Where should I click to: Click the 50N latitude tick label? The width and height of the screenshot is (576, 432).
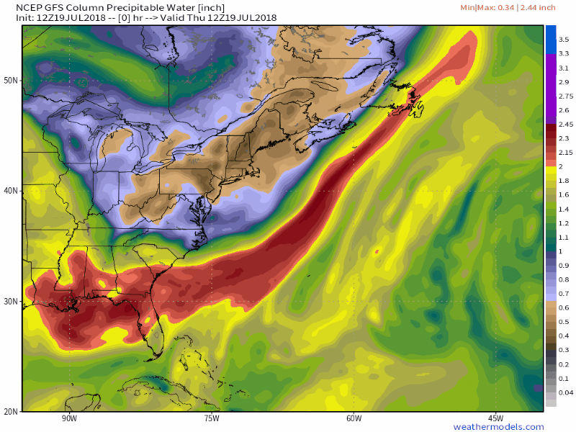pyautogui.click(x=11, y=80)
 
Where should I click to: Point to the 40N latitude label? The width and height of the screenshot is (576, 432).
pyautogui.click(x=11, y=191)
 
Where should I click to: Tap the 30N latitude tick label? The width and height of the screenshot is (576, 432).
pyautogui.click(x=11, y=301)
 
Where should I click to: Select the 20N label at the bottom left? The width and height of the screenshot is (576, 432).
pyautogui.click(x=11, y=412)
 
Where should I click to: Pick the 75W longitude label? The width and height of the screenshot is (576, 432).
pyautogui.click(x=211, y=418)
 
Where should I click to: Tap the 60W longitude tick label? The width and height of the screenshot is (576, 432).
pyautogui.click(x=353, y=418)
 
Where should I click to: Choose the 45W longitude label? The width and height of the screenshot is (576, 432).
pyautogui.click(x=495, y=418)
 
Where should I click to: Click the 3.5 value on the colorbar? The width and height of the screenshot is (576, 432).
pyautogui.click(x=564, y=40)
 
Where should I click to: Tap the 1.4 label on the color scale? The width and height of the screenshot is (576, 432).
pyautogui.click(x=564, y=209)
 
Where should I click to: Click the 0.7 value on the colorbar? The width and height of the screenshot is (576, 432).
pyautogui.click(x=564, y=293)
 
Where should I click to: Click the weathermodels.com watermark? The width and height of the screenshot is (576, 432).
pyautogui.click(x=497, y=427)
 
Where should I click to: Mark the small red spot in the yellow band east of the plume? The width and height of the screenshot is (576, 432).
pyautogui.click(x=377, y=251)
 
